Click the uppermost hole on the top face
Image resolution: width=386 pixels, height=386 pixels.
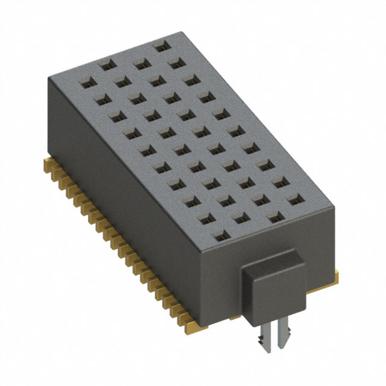[x=160, y=46]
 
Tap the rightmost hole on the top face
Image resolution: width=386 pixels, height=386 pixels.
[x=294, y=200]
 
